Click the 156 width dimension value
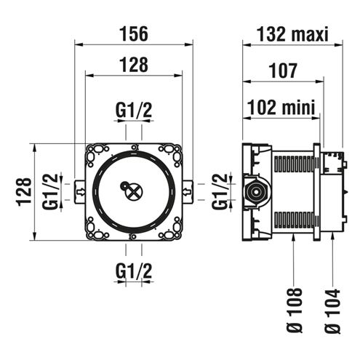point(134,34)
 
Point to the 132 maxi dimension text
point(292,34)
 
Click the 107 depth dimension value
point(283,71)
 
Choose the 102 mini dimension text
point(281,107)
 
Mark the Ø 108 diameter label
point(294,311)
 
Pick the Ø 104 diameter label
point(332,311)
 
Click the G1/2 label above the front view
point(134,110)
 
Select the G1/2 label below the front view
point(134,271)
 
